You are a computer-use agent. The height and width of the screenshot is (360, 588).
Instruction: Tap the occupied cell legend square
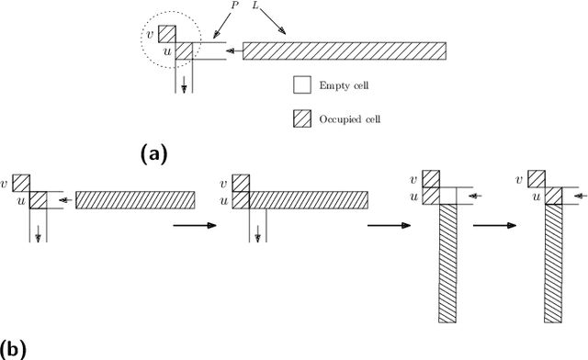[x=301, y=119]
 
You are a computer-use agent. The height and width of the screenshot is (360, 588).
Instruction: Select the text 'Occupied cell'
[x=353, y=119]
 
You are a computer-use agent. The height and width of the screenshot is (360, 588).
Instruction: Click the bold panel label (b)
[x=15, y=350]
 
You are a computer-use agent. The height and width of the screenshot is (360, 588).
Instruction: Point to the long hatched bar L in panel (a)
[x=344, y=51]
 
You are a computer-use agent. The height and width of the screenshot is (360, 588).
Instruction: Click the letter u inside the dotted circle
[x=166, y=52]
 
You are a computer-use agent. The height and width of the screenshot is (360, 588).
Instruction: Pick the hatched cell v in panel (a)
[x=166, y=34]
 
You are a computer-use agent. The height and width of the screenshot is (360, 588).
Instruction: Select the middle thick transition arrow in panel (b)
[x=386, y=224]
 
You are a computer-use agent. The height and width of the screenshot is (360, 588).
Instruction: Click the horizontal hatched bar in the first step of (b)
[x=134, y=199]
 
